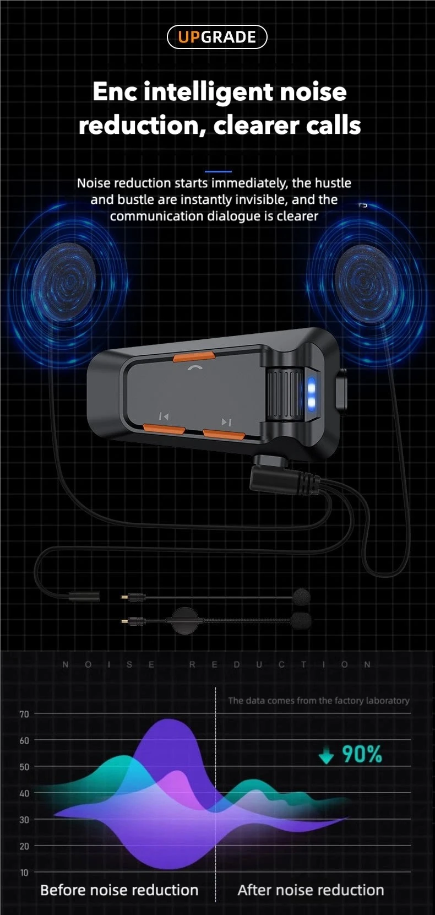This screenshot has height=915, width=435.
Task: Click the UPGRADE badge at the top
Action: pos(217,37)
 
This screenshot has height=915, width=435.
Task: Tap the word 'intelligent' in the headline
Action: pos(211,92)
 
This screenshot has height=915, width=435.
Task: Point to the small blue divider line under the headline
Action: pos(218,172)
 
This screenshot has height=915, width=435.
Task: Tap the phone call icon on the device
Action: pos(194,368)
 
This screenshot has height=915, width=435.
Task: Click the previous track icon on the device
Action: pos(164,416)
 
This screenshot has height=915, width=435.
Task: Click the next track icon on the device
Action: pos(226,422)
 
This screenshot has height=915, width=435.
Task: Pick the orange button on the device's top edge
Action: pos(194,357)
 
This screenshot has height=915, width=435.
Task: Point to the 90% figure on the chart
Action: pos(362,754)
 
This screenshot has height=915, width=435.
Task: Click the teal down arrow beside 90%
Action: pos(327,756)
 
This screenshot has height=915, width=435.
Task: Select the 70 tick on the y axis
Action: pos(24,714)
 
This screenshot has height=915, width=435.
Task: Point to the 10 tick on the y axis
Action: pos(24,873)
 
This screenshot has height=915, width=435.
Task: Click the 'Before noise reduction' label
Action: pos(119,890)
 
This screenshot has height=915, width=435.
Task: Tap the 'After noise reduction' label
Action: pos(311,890)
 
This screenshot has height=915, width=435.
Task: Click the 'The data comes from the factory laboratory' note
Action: pos(319,701)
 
